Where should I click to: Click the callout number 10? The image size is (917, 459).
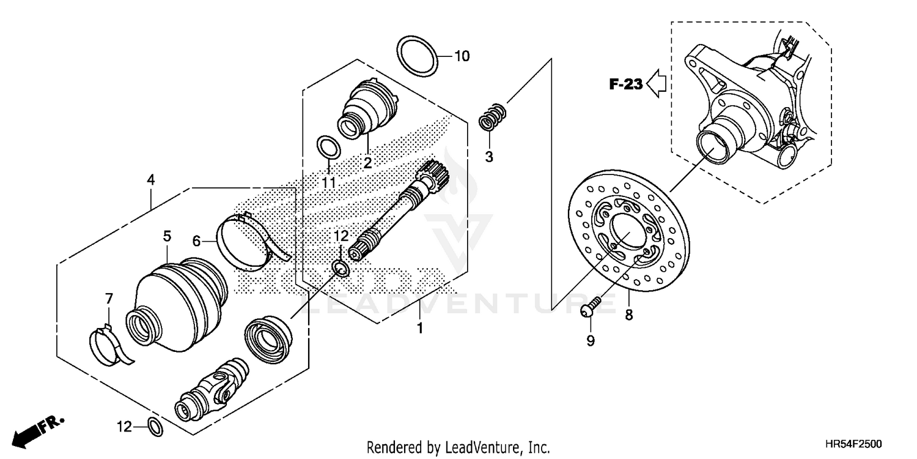pos(462,56)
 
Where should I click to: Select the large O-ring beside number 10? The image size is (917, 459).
pos(418,56)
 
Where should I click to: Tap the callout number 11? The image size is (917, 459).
pos(329,182)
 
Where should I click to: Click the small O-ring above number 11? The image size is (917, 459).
pos(329,147)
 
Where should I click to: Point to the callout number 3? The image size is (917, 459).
pos(488,157)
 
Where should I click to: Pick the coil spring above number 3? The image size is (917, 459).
pos(492,117)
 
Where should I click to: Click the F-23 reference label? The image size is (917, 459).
pos(625,84)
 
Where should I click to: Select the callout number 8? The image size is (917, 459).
pos(628,315)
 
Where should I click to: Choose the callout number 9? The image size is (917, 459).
pos(591,341)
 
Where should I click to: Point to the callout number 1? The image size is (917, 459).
pos(419,329)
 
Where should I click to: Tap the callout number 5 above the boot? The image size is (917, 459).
pos(167,235)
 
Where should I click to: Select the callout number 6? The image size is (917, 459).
pos(196,241)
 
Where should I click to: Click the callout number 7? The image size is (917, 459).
pos(109,299)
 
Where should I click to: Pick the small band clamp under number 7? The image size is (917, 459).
pos(107,344)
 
